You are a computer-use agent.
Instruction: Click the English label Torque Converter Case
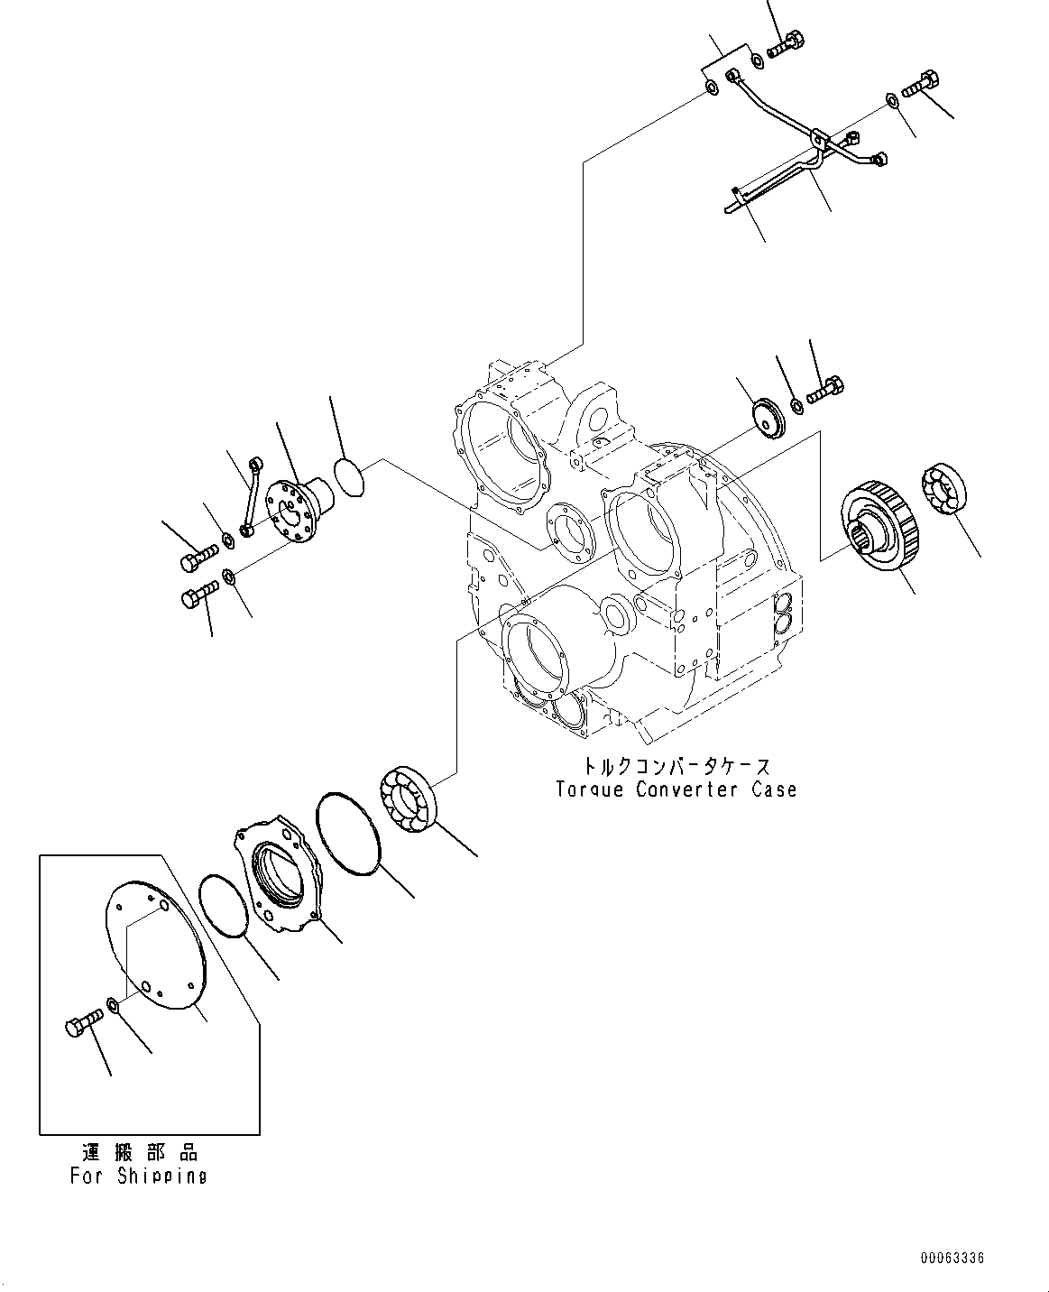pos(676,789)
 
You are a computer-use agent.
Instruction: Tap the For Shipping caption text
pos(138,1176)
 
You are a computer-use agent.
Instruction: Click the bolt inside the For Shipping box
pos(83,1024)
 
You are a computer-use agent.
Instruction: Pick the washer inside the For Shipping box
pos(112,1003)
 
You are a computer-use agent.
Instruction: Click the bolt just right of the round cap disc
pos(824,392)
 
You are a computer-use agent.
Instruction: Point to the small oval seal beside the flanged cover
pos(347,476)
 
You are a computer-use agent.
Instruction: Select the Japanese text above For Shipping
pos(138,1152)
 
